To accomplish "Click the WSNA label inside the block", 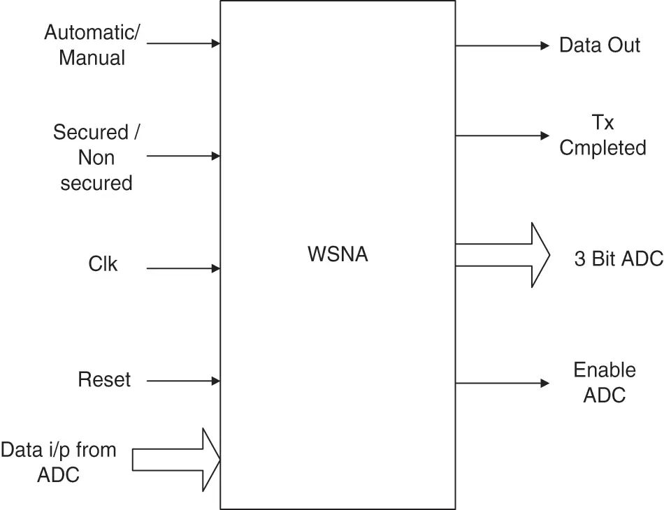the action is (338, 254).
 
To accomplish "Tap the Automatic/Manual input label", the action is (92, 45).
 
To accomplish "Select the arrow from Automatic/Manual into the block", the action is (183, 43).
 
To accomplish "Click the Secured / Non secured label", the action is (96, 157).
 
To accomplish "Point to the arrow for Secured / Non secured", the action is (183, 156).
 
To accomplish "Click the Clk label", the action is (103, 263).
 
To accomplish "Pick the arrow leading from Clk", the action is (183, 268).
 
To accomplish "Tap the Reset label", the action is (104, 379).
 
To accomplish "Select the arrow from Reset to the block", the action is (183, 381).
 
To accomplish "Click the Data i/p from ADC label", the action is (59, 462).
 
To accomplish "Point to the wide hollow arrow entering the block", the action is (176, 460).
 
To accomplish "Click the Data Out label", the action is (600, 45).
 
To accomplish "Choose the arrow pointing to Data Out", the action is (503, 45).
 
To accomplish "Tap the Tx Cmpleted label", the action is (602, 135).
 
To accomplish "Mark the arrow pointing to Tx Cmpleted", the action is (503, 136).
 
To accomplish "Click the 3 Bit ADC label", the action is (619, 258).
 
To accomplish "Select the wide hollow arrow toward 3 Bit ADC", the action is (503, 255).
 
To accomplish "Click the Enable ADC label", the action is (605, 383).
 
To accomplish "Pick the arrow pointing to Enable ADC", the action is (503, 384).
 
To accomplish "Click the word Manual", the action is (92, 57).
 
